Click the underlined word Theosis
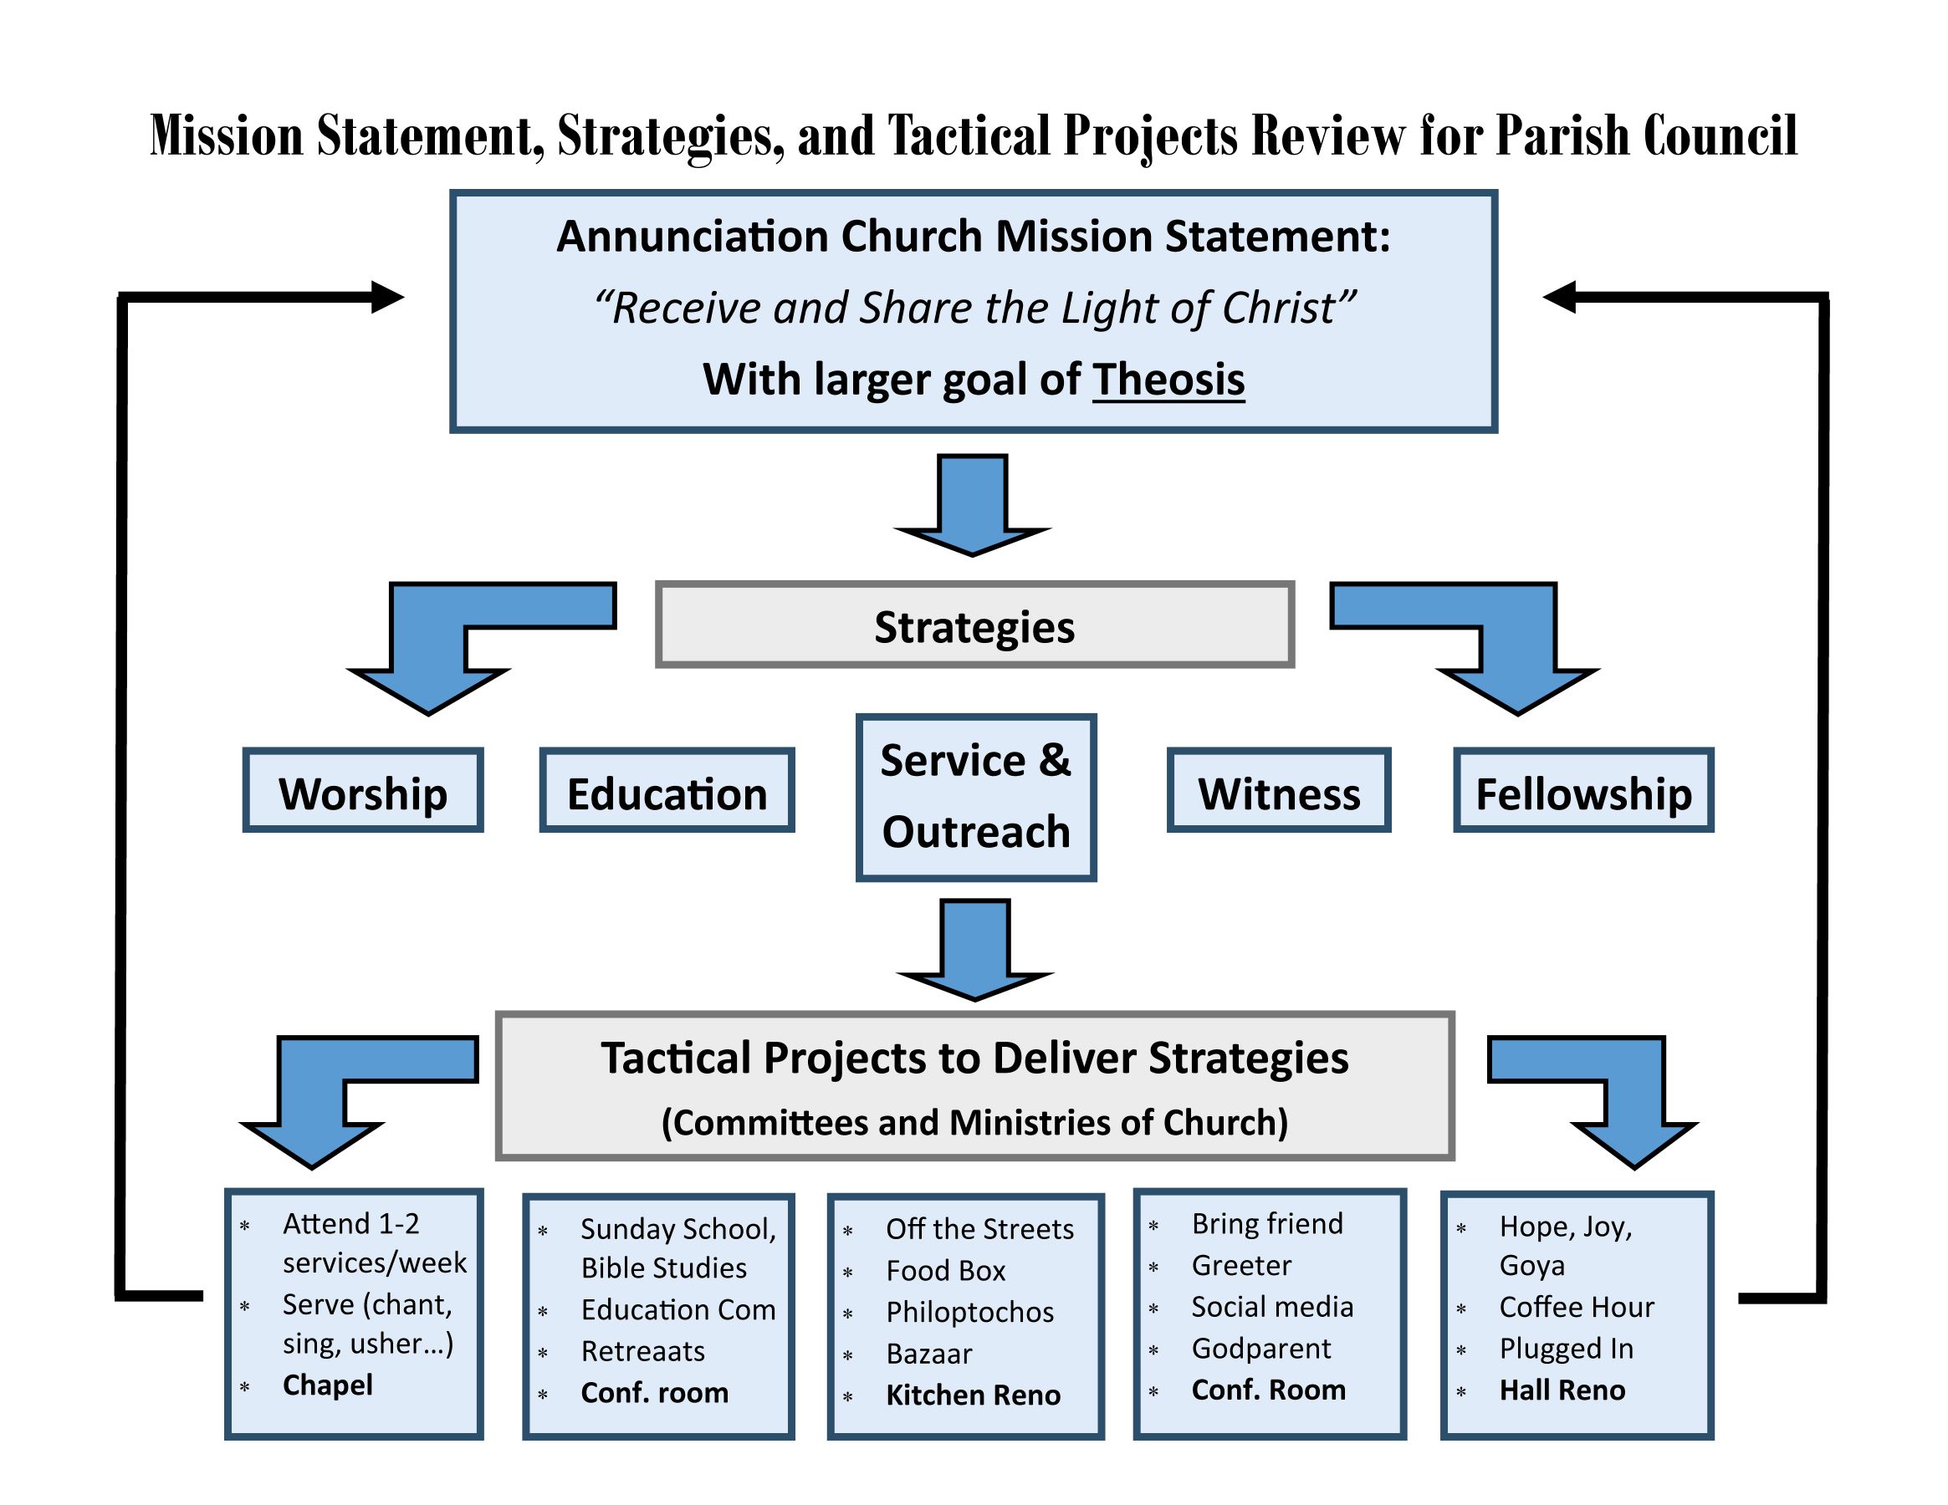click(1168, 380)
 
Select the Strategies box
click(974, 626)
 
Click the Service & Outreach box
click(976, 797)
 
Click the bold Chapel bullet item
click(327, 1385)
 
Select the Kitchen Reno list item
click(973, 1395)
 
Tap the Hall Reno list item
click(1562, 1390)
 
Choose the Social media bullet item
click(1272, 1307)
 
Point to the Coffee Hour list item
click(1576, 1307)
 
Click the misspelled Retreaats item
click(642, 1352)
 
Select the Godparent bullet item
click(1261, 1349)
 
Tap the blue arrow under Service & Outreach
click(975, 950)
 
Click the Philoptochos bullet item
click(969, 1313)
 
